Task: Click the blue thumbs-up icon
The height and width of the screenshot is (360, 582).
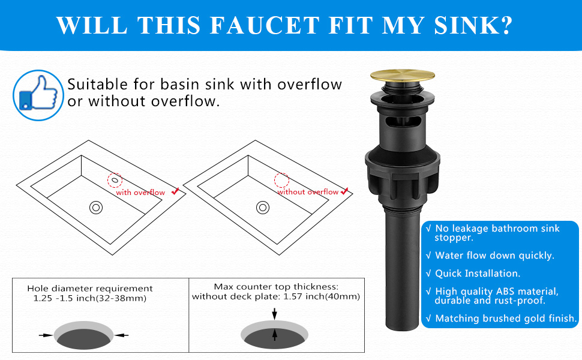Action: [x=38, y=95]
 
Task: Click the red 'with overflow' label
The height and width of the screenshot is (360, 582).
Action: [x=140, y=193]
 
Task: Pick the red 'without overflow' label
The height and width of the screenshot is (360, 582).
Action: [x=308, y=192]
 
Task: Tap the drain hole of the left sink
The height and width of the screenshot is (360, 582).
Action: [x=96, y=208]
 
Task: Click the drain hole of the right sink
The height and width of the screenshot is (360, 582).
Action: [x=263, y=208]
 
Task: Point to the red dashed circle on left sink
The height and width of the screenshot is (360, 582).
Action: [x=114, y=179]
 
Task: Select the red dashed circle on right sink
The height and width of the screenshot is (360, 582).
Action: [x=281, y=179]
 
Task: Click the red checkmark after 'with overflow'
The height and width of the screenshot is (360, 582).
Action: [x=175, y=191]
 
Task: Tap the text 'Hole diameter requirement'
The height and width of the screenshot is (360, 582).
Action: [x=90, y=289]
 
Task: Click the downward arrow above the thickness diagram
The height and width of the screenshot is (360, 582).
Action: [x=274, y=313]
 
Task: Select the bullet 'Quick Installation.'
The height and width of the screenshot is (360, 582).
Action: [x=477, y=273]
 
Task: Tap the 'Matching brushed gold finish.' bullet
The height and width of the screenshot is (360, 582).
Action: [x=506, y=319]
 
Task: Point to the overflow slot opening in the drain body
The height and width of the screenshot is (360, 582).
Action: [x=401, y=122]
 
